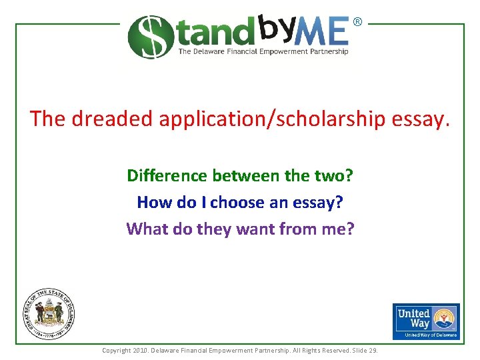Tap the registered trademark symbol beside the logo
click(357, 22)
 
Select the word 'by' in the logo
click(275, 27)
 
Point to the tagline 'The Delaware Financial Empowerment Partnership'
click(263, 51)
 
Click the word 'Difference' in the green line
click(167, 176)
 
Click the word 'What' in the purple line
click(143, 229)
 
